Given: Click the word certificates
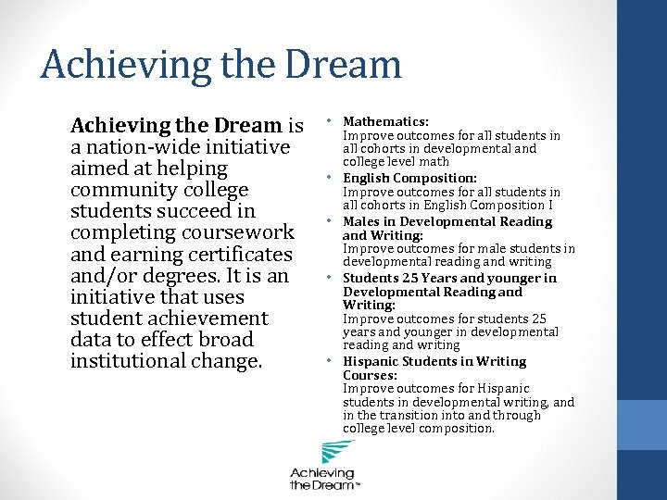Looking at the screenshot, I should click(232, 254).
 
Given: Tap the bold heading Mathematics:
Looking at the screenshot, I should click(385, 121).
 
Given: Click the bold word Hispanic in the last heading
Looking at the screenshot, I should click(370, 361).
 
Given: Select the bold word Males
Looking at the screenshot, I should click(361, 221).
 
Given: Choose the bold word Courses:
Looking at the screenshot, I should click(370, 375).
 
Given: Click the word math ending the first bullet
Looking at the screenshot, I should click(434, 162).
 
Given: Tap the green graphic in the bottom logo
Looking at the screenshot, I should click(336, 454).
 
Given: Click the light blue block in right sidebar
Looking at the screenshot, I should click(641, 424).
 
